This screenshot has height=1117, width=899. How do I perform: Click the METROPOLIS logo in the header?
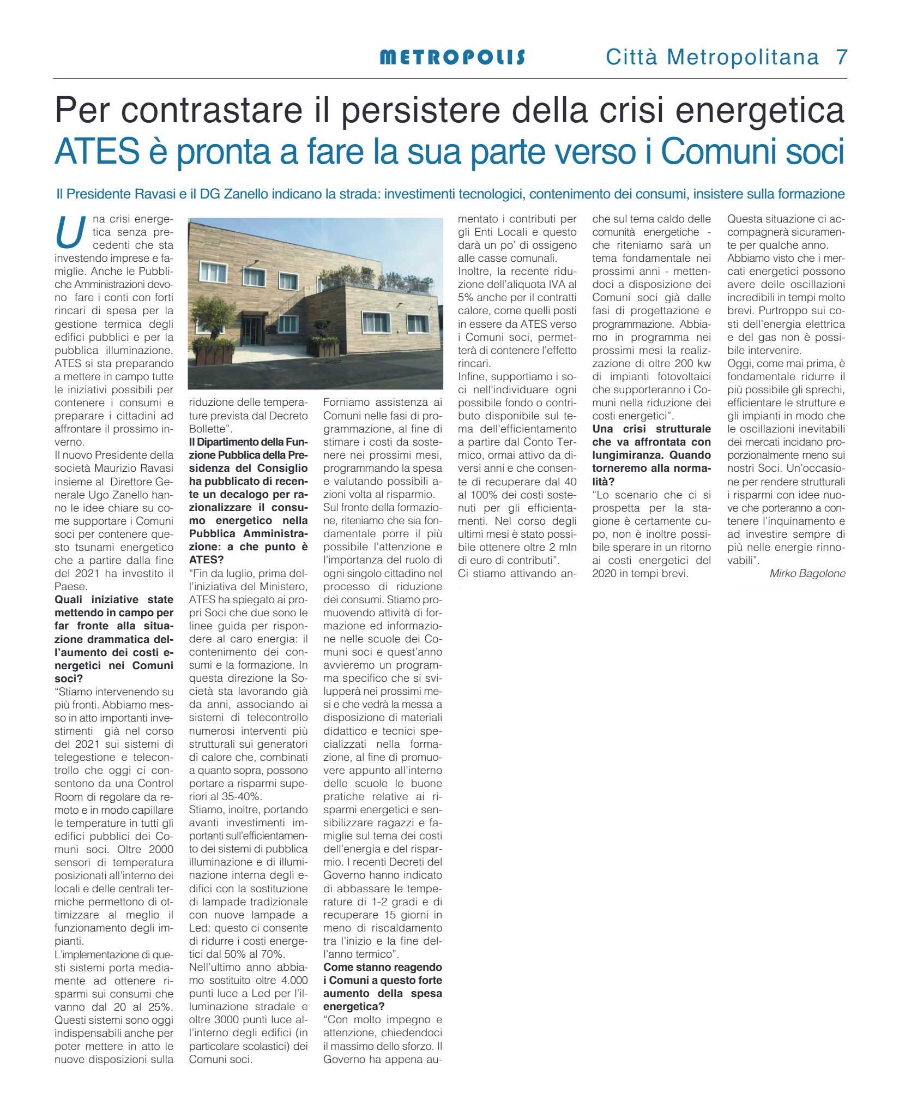click(452, 57)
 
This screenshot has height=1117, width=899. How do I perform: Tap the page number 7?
click(842, 57)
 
